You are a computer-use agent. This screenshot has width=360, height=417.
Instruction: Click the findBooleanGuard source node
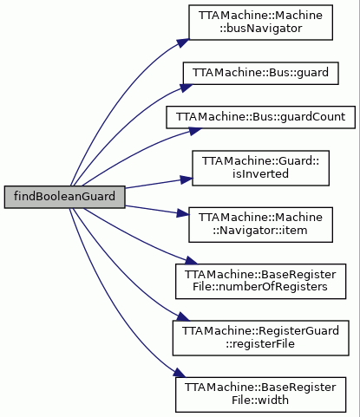coord(64,197)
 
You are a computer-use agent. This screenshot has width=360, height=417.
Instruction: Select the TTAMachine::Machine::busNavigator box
coord(260,23)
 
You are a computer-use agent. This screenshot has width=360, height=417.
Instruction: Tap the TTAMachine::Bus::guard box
coord(260,73)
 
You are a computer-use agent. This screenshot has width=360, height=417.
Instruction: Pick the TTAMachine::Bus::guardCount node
coord(260,117)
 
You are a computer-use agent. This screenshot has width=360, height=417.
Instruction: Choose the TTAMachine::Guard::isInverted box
coord(260,168)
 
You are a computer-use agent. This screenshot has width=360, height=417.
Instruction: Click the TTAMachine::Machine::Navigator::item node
coord(260,225)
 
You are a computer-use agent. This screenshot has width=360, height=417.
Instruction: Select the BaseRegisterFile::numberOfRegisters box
coord(260,281)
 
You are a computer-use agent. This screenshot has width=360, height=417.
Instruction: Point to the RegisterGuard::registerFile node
coord(260,338)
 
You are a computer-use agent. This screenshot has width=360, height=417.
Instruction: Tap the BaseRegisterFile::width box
coord(260,394)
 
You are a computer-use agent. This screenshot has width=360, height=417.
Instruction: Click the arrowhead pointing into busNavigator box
coord(183,42)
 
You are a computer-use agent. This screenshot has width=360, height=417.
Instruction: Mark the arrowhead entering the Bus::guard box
coord(187,88)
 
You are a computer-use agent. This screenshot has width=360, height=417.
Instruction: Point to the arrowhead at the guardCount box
coord(195,131)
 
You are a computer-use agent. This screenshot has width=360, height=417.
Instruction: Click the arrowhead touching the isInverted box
coord(187,179)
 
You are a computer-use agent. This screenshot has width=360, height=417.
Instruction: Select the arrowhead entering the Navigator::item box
coord(183,213)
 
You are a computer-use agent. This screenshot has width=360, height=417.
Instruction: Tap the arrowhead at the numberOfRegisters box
coord(191,261)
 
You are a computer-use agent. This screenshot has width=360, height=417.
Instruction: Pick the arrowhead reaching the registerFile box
coord(183,316)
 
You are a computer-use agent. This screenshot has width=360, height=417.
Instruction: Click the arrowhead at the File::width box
coord(180,373)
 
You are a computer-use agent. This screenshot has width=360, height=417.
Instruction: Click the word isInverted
coord(260,174)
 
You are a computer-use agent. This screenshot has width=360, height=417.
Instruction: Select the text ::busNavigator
coord(260,29)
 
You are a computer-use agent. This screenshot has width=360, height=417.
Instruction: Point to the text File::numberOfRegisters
coord(260,287)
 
